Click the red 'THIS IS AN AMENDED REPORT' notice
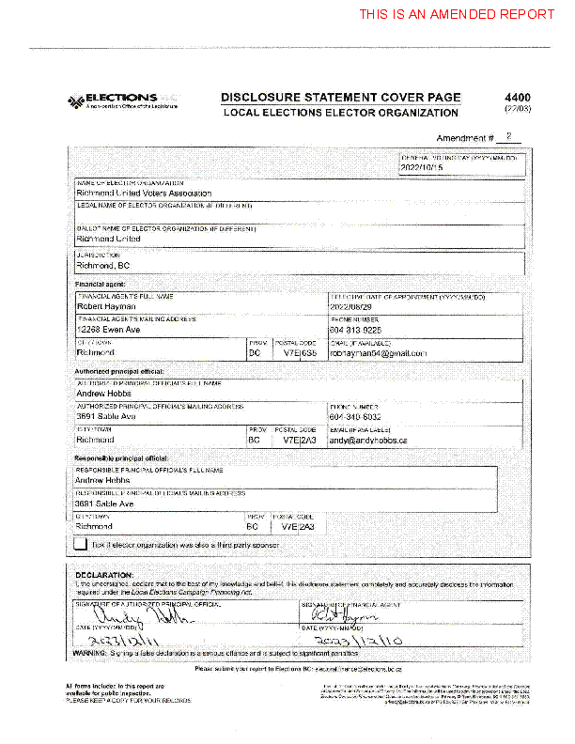coord(457,14)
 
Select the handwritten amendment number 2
coord(508,137)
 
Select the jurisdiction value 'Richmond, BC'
coord(102,266)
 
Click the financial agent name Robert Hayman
coord(105,306)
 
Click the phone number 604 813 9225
coord(355,330)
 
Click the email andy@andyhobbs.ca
coord(367,440)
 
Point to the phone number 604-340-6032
coord(355,416)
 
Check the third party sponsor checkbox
coord(81,543)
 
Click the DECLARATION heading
coord(104,574)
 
